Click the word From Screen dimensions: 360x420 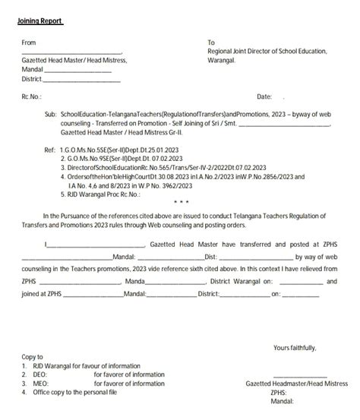point(29,43)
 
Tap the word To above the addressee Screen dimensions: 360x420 point(211,43)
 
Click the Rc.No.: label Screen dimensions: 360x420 point(31,96)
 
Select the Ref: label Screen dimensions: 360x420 point(50,150)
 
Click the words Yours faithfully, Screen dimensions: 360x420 point(295,348)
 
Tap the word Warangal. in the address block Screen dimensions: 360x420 point(222,60)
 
